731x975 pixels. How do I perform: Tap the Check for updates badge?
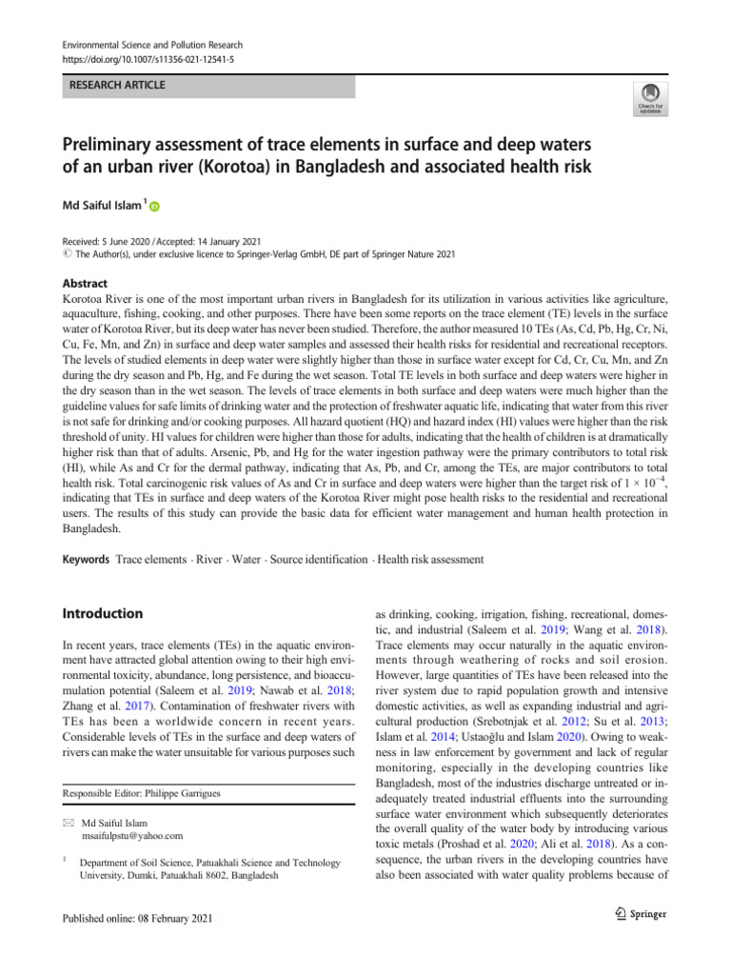point(649,98)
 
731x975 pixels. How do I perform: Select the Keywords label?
point(85,559)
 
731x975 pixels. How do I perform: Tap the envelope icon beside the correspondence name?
point(68,821)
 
